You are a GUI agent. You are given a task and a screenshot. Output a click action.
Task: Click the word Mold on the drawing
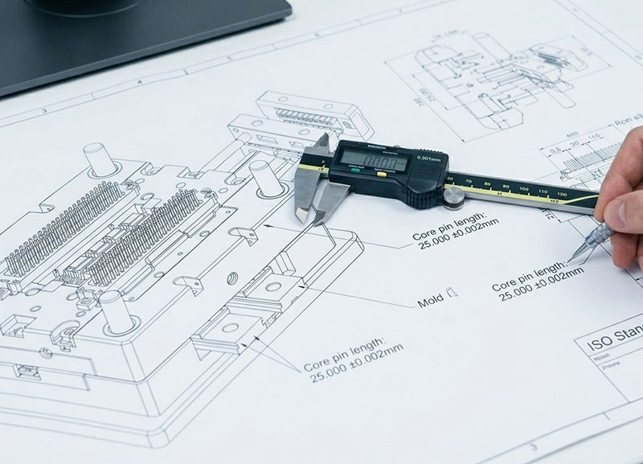click(431, 303)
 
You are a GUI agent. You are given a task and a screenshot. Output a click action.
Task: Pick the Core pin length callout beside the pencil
click(536, 280)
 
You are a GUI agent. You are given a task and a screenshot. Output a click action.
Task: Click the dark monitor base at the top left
click(145, 40)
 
